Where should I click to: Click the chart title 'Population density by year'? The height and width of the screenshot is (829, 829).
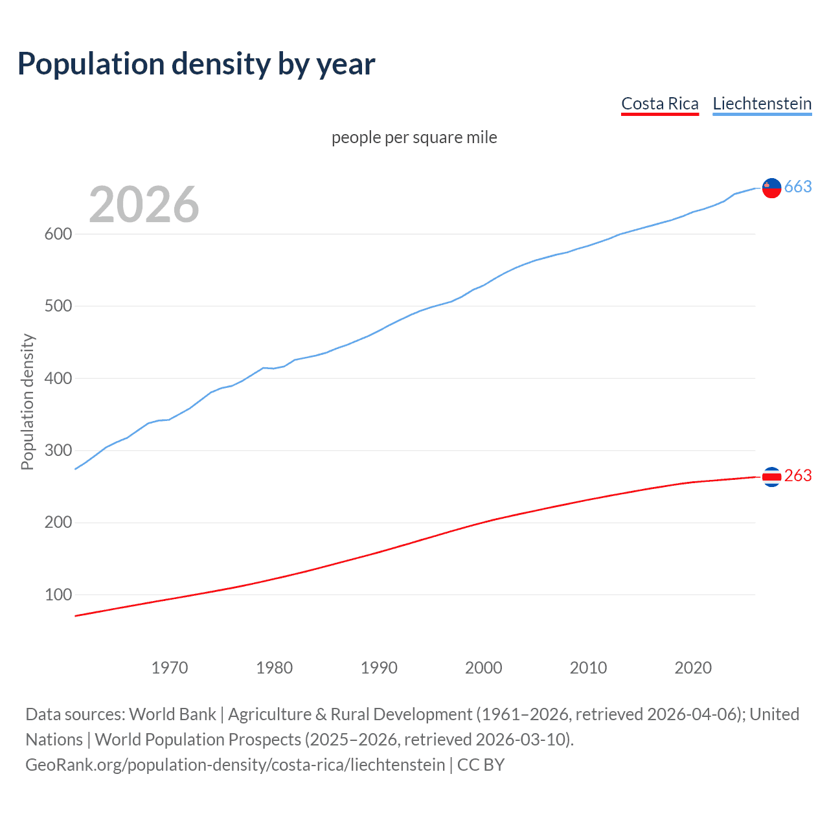(x=196, y=64)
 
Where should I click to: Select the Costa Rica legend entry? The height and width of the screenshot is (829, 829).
(x=659, y=104)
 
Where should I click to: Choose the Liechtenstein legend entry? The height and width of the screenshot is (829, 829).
(x=762, y=104)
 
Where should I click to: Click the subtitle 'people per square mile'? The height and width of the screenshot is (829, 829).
(x=414, y=138)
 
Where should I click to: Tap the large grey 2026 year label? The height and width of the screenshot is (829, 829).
(x=144, y=205)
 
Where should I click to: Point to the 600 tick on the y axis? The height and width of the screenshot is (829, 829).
(x=58, y=234)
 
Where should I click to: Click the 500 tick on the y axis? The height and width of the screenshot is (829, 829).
(x=58, y=306)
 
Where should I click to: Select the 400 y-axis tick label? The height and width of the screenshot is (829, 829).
(x=58, y=378)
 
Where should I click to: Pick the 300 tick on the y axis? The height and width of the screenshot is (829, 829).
(x=58, y=451)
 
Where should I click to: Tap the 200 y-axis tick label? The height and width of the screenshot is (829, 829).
(x=58, y=523)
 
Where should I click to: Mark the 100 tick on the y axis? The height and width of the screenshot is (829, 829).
(x=58, y=595)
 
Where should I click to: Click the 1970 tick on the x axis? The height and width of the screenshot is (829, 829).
(x=170, y=668)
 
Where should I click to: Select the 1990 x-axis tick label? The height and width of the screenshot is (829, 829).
(x=379, y=668)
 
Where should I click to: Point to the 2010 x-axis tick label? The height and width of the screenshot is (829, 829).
(x=588, y=668)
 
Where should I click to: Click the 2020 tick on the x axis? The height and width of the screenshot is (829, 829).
(x=693, y=668)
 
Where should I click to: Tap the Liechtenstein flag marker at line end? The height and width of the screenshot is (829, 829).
(x=771, y=188)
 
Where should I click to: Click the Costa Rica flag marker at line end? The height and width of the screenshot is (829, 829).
(x=771, y=477)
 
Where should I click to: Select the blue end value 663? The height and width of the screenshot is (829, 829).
(x=798, y=187)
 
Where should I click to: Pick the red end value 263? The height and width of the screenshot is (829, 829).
(x=798, y=476)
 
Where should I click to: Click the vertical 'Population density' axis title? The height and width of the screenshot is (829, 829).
(x=27, y=402)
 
